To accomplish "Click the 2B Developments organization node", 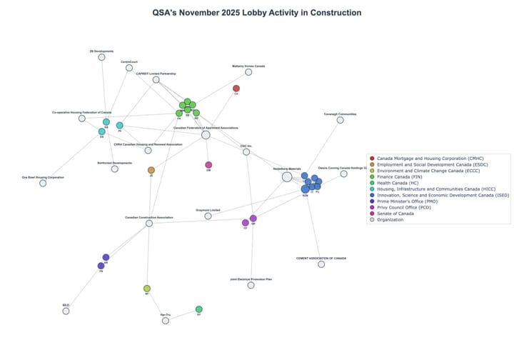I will point(101,57).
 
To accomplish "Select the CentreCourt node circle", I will point(129,68).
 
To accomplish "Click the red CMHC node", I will point(236,89).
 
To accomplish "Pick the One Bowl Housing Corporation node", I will point(43,183).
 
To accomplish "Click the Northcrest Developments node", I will point(115,169).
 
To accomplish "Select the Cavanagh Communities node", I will point(340,120).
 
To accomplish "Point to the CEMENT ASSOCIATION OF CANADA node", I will point(321,264).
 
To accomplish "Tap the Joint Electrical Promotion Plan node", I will point(251,285).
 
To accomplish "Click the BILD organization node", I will point(66,311).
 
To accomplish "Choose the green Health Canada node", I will point(199,309).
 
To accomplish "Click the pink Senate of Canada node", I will point(208,165).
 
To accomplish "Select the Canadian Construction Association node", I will point(149,224).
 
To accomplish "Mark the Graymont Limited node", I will point(208,216).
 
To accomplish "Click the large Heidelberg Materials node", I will point(287,177).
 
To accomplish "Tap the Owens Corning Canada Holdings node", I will point(343,174).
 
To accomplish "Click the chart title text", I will point(257,12).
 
